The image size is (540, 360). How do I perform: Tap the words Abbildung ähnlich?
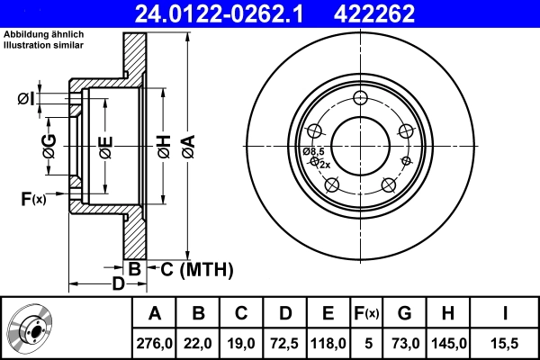(44, 34)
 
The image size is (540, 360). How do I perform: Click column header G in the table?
(404, 314)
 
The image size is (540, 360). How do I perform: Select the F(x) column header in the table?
(367, 314)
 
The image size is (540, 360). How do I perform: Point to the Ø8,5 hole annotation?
(314, 151)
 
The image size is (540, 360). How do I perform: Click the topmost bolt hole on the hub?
(361, 99)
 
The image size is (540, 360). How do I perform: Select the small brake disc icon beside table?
(31, 329)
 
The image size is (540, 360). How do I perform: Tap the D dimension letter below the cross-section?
(117, 284)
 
